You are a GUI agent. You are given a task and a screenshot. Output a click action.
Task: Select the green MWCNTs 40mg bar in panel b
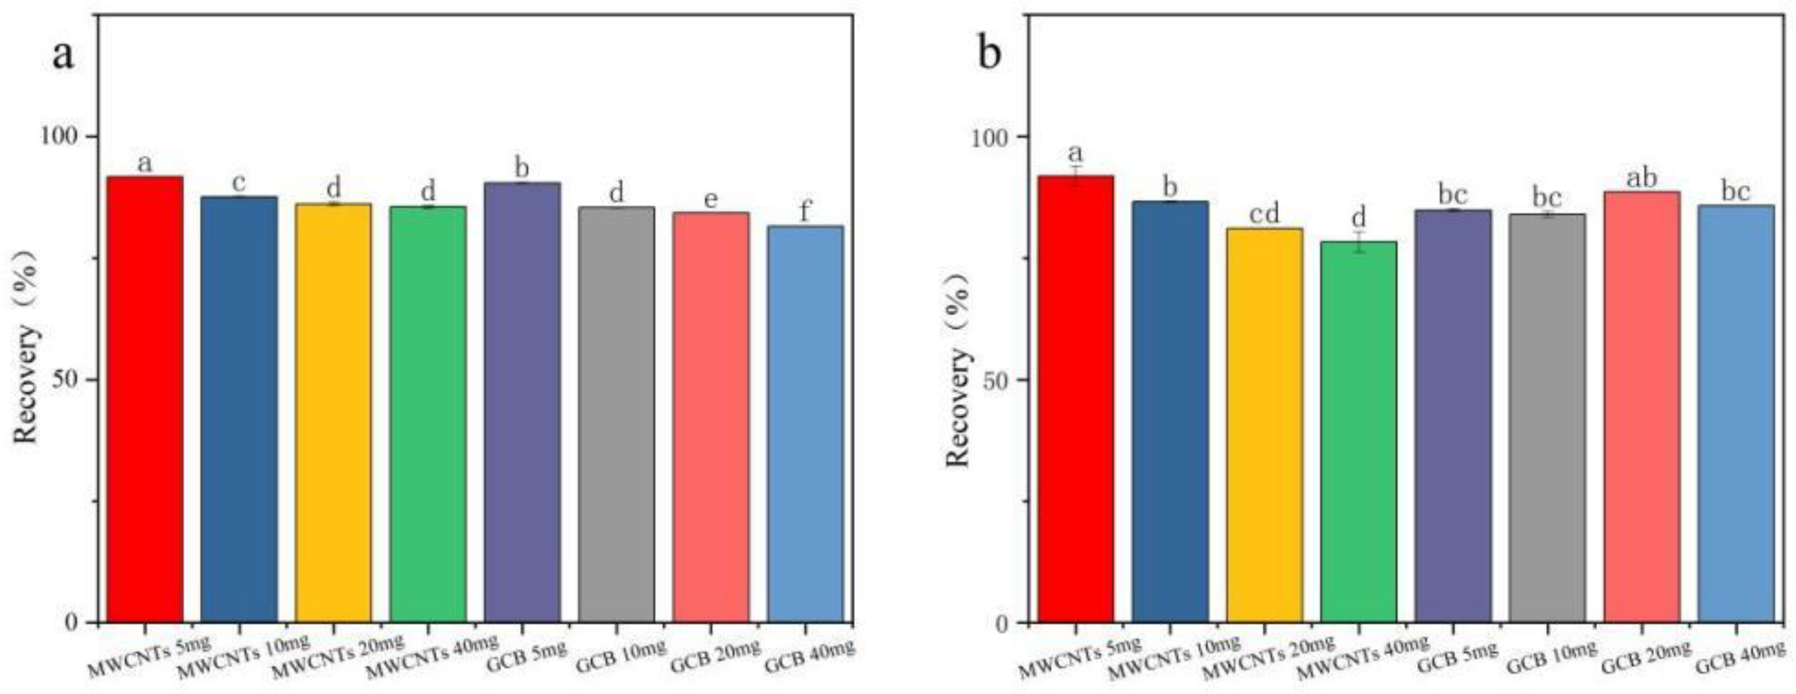(1358, 432)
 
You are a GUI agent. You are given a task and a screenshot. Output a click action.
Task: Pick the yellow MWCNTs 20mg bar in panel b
(1264, 425)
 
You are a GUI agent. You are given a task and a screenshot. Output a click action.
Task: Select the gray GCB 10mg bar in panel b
(1546, 418)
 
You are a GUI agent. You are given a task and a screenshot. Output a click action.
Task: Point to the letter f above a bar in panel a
(805, 211)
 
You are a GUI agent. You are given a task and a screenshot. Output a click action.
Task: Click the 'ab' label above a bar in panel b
(1641, 178)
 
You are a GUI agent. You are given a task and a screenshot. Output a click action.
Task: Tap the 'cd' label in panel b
(1264, 215)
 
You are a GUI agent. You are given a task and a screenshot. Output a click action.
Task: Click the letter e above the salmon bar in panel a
(710, 200)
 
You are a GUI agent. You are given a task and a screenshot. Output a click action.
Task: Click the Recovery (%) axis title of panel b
(958, 369)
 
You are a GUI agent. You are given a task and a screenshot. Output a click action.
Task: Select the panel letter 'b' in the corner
(990, 53)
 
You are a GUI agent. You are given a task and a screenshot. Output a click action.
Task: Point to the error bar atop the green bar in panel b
(1358, 241)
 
